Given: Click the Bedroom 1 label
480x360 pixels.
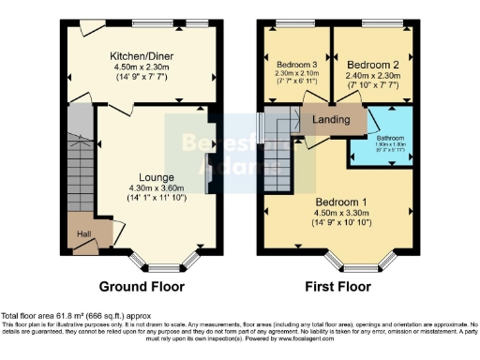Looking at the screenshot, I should [x=340, y=202].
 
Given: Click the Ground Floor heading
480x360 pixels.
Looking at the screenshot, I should [x=142, y=287].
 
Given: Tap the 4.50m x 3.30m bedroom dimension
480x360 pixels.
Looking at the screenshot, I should [x=340, y=214].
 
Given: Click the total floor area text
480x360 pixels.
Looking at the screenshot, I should [x=75, y=317].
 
